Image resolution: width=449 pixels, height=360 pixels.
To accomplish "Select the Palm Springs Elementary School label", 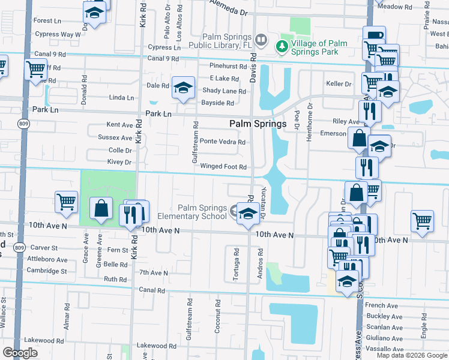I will [193, 212].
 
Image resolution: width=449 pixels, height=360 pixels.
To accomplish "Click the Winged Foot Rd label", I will [223, 167].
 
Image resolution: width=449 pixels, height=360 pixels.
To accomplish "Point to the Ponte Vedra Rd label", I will [222, 142].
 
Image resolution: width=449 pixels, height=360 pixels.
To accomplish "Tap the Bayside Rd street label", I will [217, 103].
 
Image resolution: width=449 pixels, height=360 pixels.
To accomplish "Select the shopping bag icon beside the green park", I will [101, 209].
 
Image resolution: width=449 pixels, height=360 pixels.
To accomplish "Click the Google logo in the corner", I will [20, 353].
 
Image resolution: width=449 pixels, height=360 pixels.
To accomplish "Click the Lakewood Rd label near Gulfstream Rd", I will [157, 346].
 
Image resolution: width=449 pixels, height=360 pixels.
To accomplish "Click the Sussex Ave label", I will [119, 137].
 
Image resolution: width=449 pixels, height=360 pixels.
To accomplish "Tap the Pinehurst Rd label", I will [228, 66].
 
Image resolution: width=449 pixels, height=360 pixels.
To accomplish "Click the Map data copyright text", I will [411, 355].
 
